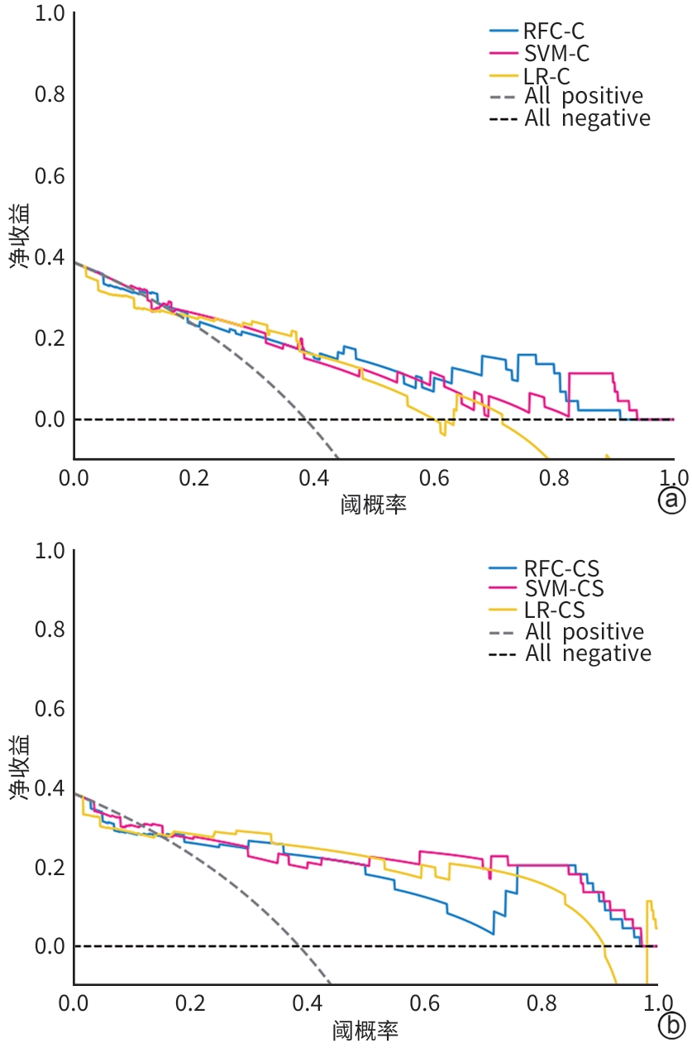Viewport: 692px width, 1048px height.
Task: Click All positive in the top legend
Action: tap(584, 96)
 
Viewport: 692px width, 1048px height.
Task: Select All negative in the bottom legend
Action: tap(588, 653)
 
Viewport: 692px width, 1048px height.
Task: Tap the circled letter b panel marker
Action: tap(672, 1026)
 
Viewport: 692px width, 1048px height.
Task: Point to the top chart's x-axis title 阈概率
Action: tap(374, 503)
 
